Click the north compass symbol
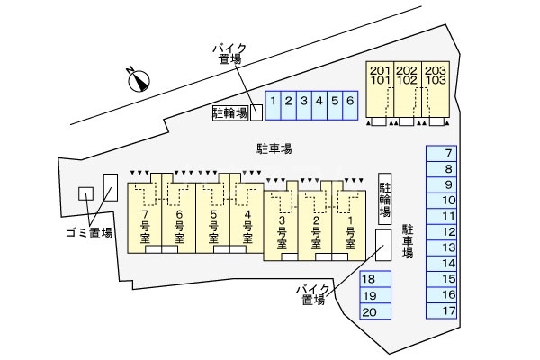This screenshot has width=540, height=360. point(137,79)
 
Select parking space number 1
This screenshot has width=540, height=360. point(272,103)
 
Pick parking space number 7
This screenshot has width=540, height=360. point(447,153)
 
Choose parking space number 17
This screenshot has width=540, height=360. point(447,310)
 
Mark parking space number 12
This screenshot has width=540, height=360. point(447,231)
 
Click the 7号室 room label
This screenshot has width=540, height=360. point(145,228)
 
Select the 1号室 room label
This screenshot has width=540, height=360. point(351,232)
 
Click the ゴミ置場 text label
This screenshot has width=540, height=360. point(88,233)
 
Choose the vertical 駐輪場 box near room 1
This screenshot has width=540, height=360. point(385,198)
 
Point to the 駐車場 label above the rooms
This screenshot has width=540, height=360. point(274,148)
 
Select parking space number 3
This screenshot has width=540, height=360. point(304,103)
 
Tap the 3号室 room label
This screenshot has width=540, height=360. point(282,232)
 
